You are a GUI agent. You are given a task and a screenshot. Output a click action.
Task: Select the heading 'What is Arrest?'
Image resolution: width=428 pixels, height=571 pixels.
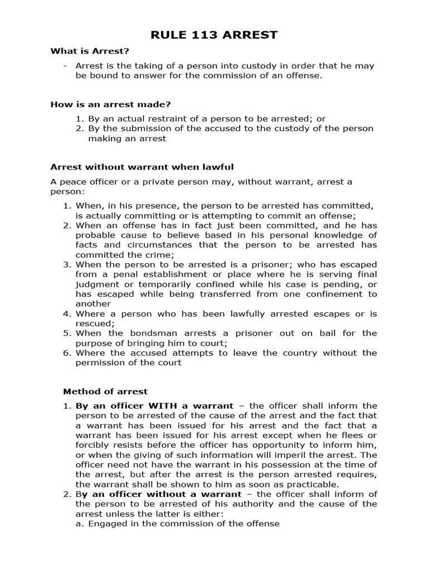tap(90, 51)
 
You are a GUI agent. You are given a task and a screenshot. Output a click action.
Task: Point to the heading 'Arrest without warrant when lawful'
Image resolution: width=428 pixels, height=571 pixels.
tap(142, 167)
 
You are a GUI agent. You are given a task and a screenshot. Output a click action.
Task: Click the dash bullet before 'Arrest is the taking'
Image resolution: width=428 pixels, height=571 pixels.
tap(66, 66)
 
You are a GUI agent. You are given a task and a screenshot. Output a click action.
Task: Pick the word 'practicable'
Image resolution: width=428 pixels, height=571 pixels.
tap(314, 484)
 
